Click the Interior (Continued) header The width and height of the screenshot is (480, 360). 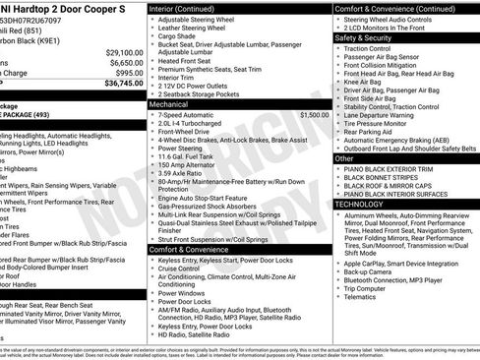187,8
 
